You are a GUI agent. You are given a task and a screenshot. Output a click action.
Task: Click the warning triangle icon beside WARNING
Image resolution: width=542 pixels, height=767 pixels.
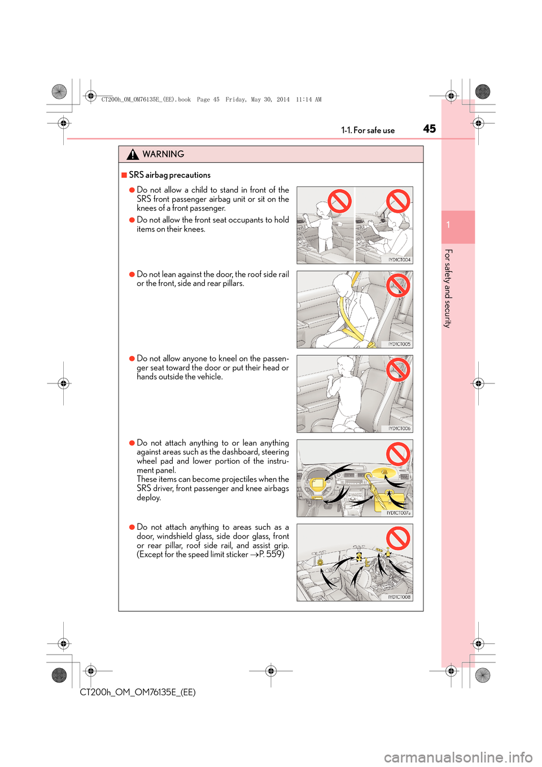coord(133,154)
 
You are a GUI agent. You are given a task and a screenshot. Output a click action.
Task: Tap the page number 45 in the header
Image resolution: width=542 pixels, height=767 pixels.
coord(429,129)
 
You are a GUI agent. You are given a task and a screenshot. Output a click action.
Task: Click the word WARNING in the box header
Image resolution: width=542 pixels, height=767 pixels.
coord(163,154)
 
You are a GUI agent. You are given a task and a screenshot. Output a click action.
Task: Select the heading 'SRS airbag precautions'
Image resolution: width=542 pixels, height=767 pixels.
coord(169,175)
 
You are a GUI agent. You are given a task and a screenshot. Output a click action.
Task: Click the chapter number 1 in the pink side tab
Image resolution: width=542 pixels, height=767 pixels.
coord(448,225)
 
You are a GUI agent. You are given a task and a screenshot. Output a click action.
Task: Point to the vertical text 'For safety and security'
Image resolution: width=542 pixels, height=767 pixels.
coord(448,288)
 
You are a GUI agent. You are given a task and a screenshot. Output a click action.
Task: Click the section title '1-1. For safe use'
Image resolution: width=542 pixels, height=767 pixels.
coord(368,130)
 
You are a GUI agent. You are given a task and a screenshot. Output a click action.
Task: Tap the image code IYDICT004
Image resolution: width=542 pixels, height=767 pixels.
coord(399,260)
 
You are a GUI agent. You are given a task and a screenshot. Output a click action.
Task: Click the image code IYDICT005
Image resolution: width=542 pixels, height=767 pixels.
coord(399,344)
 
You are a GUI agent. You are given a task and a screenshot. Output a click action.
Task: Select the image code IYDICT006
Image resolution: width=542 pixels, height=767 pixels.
coord(399,429)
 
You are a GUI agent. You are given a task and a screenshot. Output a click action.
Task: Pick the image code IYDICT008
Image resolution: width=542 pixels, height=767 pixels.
coord(399,597)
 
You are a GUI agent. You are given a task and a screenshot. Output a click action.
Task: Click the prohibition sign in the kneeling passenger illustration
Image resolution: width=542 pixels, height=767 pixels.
coord(397,370)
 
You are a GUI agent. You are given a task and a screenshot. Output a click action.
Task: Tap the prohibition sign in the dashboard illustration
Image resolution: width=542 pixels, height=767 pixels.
coord(397,454)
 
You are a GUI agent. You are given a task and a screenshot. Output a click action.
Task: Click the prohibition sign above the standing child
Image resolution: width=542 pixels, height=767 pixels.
coord(340,201)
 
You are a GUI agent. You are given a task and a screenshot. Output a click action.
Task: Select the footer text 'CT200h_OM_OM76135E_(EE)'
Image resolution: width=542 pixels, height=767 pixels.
coord(138,692)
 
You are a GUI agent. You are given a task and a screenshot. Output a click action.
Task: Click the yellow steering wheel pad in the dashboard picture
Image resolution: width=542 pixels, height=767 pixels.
coord(317,483)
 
